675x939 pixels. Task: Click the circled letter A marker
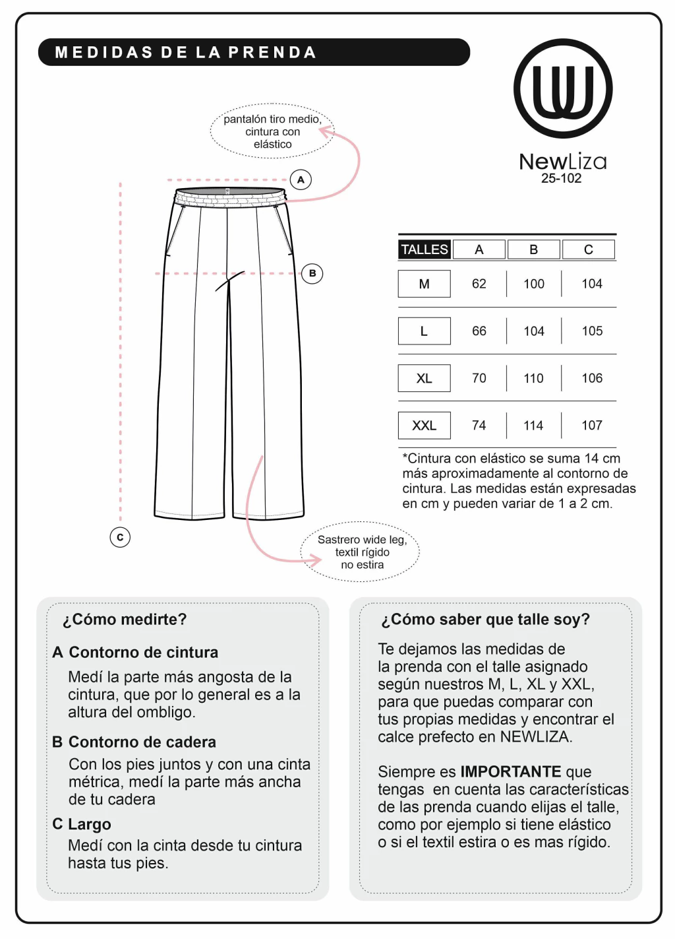[x=301, y=179]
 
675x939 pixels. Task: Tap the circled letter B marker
[x=312, y=273]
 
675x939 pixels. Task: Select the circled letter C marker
[x=120, y=537]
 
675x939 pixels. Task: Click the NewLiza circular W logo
[x=563, y=88]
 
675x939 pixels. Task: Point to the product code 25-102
[x=562, y=178]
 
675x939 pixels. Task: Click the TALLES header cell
[x=425, y=249]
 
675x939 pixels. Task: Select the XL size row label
[x=425, y=378]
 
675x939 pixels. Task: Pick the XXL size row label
[x=425, y=426]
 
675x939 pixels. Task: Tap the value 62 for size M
[x=479, y=284]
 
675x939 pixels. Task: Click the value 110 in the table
[x=534, y=378]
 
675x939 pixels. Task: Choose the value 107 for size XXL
[x=592, y=426]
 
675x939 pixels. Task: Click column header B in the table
[x=534, y=249]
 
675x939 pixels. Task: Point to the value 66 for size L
[x=479, y=331]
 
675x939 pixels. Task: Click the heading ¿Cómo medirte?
[x=125, y=620]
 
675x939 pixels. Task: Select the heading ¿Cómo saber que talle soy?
[x=485, y=620]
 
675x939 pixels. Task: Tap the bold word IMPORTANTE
[x=511, y=772]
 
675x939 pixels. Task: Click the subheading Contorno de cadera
[x=142, y=742]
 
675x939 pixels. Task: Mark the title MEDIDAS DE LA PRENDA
[x=186, y=53]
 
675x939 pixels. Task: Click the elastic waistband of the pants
[x=229, y=197]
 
